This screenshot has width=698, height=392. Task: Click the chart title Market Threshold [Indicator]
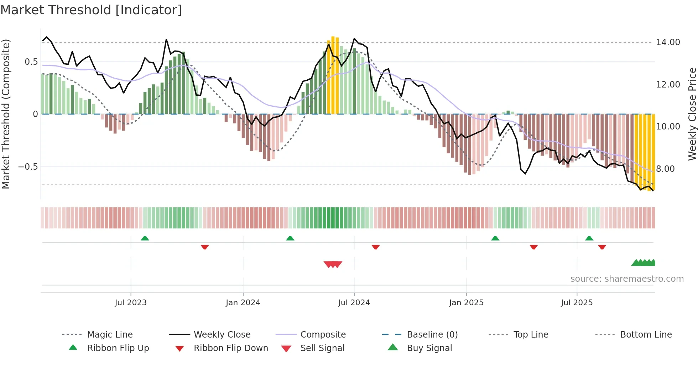91,10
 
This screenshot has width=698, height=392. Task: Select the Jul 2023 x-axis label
131,303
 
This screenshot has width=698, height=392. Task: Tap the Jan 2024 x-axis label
243,303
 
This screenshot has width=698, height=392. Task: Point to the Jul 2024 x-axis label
354,303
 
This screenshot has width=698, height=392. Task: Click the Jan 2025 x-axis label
466,303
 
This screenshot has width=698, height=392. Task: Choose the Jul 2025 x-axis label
577,303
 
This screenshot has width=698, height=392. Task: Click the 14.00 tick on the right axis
668,42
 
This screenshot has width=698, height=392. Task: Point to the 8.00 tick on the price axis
665,169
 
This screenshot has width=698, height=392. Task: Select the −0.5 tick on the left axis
28,167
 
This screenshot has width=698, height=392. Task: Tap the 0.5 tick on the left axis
31,62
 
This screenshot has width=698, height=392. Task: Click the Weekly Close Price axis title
692,114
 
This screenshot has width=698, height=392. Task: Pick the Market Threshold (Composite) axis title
6,114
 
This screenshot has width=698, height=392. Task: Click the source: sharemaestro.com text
627,279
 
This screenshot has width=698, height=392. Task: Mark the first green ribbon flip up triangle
145,238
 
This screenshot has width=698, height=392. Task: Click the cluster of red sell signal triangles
333,264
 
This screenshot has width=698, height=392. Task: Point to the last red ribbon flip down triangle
602,247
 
